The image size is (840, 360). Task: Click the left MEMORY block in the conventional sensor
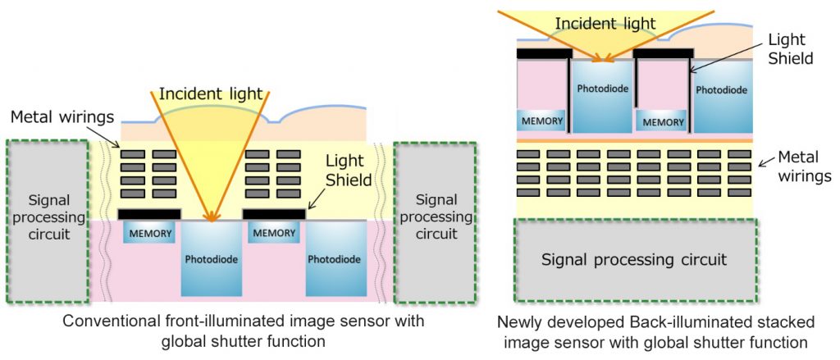click(150, 234)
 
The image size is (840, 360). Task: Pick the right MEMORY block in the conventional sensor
click(275, 234)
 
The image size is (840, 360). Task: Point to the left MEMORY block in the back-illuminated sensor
click(541, 121)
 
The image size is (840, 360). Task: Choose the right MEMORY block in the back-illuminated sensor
click(664, 121)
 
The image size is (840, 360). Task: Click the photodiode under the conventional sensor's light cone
click(212, 259)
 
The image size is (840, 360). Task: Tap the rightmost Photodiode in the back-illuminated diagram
click(723, 90)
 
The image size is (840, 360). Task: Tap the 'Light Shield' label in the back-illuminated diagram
click(792, 49)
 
